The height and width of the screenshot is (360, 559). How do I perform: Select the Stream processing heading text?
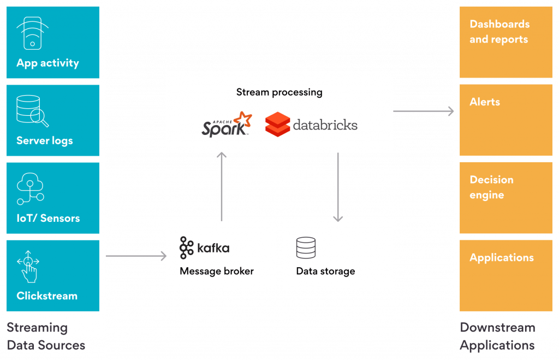point(279,92)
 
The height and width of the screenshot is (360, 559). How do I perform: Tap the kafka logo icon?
point(187,248)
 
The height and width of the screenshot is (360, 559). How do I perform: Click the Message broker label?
point(217,271)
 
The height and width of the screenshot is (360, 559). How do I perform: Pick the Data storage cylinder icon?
point(306,248)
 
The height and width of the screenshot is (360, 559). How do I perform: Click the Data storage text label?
point(325,271)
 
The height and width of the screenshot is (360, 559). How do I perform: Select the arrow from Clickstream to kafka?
point(135,255)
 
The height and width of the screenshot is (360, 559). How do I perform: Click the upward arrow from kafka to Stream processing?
point(221,186)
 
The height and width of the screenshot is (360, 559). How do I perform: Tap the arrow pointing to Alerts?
point(423,111)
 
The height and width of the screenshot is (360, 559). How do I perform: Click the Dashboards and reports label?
point(499,32)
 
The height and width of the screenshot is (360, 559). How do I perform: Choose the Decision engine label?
point(491,187)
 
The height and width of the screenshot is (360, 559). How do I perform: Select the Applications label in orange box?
point(501,257)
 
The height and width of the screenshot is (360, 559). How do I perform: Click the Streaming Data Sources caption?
point(46,337)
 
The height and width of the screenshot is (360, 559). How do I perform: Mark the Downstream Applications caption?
point(497,337)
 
